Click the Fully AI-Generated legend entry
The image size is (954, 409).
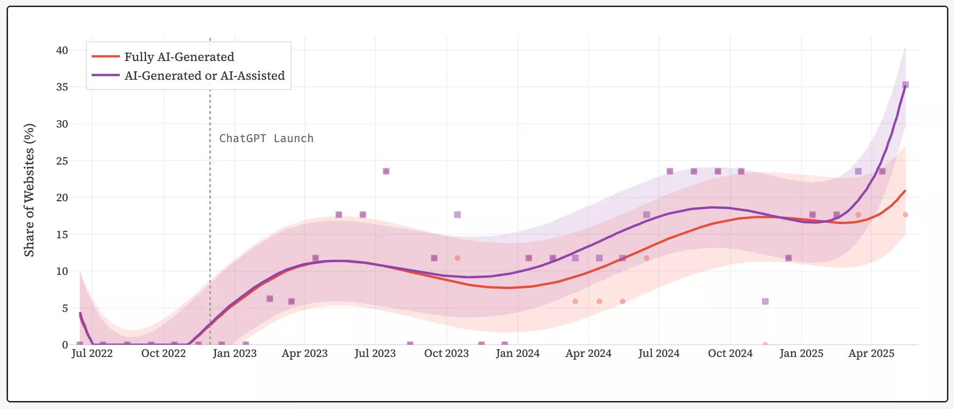[179, 57]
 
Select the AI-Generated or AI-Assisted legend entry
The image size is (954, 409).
[204, 76]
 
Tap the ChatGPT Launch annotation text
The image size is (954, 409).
[266, 138]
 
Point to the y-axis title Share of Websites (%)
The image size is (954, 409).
[29, 190]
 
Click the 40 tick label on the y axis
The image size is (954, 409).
[62, 50]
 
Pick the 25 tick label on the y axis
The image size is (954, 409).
[62, 161]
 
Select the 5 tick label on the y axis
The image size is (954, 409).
[65, 308]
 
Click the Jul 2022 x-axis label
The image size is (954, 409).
[92, 353]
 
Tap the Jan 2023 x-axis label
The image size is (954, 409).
[234, 353]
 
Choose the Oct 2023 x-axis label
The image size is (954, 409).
[446, 353]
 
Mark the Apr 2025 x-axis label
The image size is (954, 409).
[871, 353]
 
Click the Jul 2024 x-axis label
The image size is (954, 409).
[659, 353]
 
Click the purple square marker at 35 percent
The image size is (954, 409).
[906, 85]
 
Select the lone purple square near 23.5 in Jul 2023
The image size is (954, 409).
[386, 171]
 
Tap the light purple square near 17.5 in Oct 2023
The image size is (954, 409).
[457, 215]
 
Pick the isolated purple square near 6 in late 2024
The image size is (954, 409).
[765, 301]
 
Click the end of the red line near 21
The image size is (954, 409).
[905, 190]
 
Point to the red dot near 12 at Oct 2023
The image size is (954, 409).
[457, 258]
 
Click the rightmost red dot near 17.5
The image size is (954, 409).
[906, 215]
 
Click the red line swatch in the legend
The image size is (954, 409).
[106, 57]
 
